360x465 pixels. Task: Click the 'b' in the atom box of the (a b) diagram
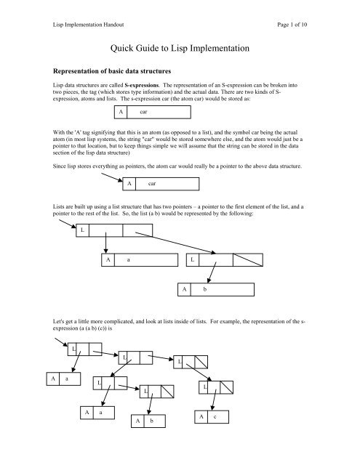(205, 291)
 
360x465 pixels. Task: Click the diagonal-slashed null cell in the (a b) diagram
(246, 259)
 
